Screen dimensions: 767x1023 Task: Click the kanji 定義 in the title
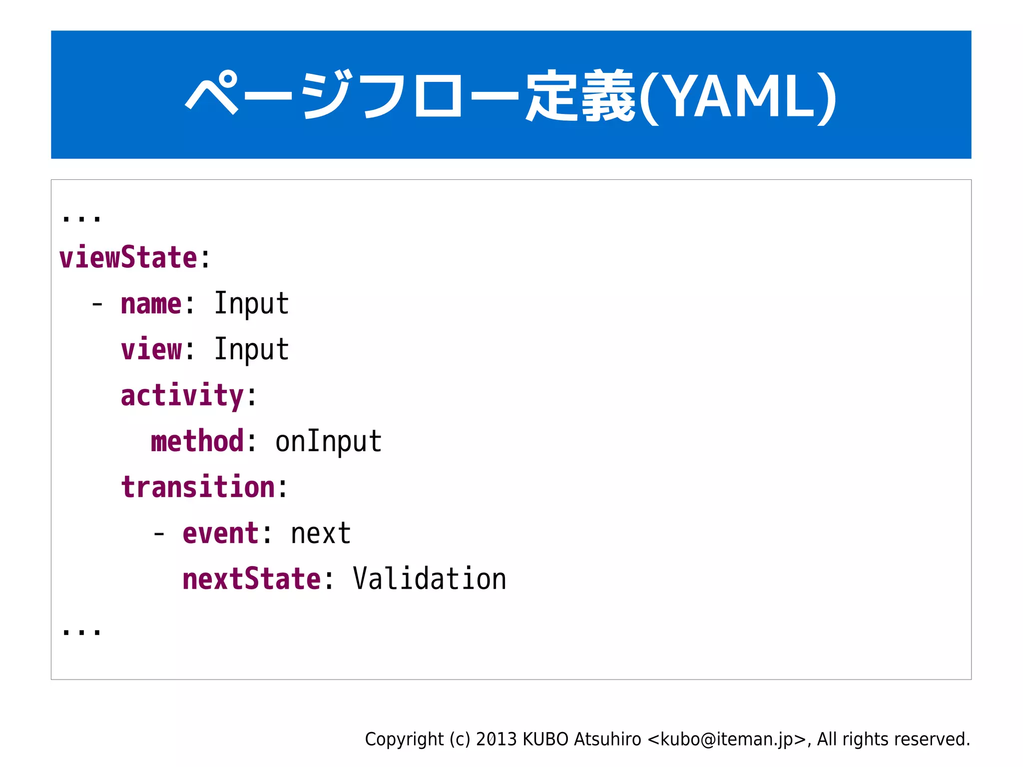579,96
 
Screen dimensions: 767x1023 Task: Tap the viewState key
128,258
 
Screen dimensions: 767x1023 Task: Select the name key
151,304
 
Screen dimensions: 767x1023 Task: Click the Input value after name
251,303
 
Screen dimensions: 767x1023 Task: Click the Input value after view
251,349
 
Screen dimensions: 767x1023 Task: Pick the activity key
182,396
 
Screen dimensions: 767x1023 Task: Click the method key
197,442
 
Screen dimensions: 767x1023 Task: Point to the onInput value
328,442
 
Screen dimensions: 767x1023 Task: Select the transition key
198,488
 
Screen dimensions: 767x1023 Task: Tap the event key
220,534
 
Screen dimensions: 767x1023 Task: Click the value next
321,534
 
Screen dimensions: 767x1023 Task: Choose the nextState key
251,580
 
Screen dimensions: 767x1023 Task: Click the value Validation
429,580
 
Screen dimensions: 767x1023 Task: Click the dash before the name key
97,304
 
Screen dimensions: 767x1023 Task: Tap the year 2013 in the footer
496,740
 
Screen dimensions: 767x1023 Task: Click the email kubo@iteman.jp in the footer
727,740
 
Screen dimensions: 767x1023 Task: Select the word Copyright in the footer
404,740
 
